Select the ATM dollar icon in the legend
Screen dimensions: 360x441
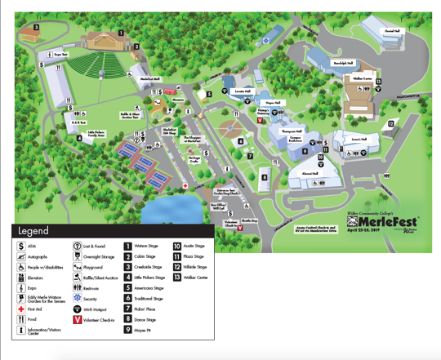[x=21, y=246]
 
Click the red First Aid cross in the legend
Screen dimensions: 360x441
[x=21, y=309]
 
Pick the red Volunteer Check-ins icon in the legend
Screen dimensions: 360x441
[x=77, y=320]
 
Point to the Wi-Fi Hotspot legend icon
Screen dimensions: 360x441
[x=77, y=309]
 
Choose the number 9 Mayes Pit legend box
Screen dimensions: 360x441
[x=128, y=331]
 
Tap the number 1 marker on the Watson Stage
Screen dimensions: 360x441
[x=121, y=33]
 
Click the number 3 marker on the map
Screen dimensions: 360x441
[x=36, y=27]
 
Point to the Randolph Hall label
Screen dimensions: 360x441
[x=344, y=63]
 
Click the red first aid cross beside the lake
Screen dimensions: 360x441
[x=186, y=186]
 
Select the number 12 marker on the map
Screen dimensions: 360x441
[x=391, y=124]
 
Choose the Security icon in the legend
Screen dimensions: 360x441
[x=77, y=299]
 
